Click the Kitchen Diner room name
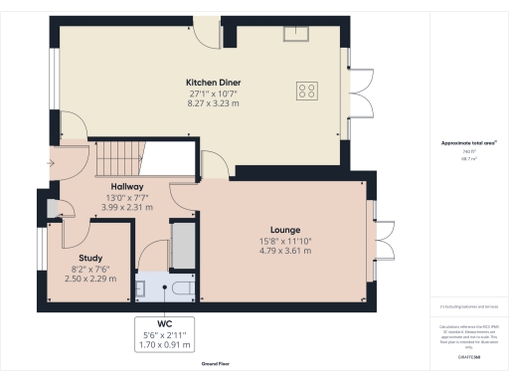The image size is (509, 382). coord(210,82)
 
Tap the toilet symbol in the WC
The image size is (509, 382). coord(180,288)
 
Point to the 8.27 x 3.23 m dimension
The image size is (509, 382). coord(210,103)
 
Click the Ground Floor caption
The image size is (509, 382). coord(223,365)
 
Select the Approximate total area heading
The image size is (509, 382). coord(467,143)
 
